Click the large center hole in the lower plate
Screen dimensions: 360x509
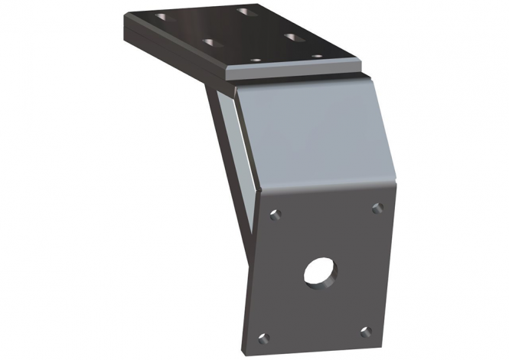pyautogui.click(x=320, y=272)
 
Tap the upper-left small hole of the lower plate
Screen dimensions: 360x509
pyautogui.click(x=276, y=214)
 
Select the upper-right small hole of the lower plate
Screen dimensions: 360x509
pyautogui.click(x=376, y=208)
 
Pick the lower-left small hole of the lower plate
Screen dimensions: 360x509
pyautogui.click(x=264, y=338)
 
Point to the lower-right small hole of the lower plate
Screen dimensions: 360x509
pyautogui.click(x=365, y=332)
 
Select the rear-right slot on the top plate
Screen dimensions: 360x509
pyautogui.click(x=245, y=11)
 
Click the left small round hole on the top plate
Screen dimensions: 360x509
pyautogui.click(x=256, y=60)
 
